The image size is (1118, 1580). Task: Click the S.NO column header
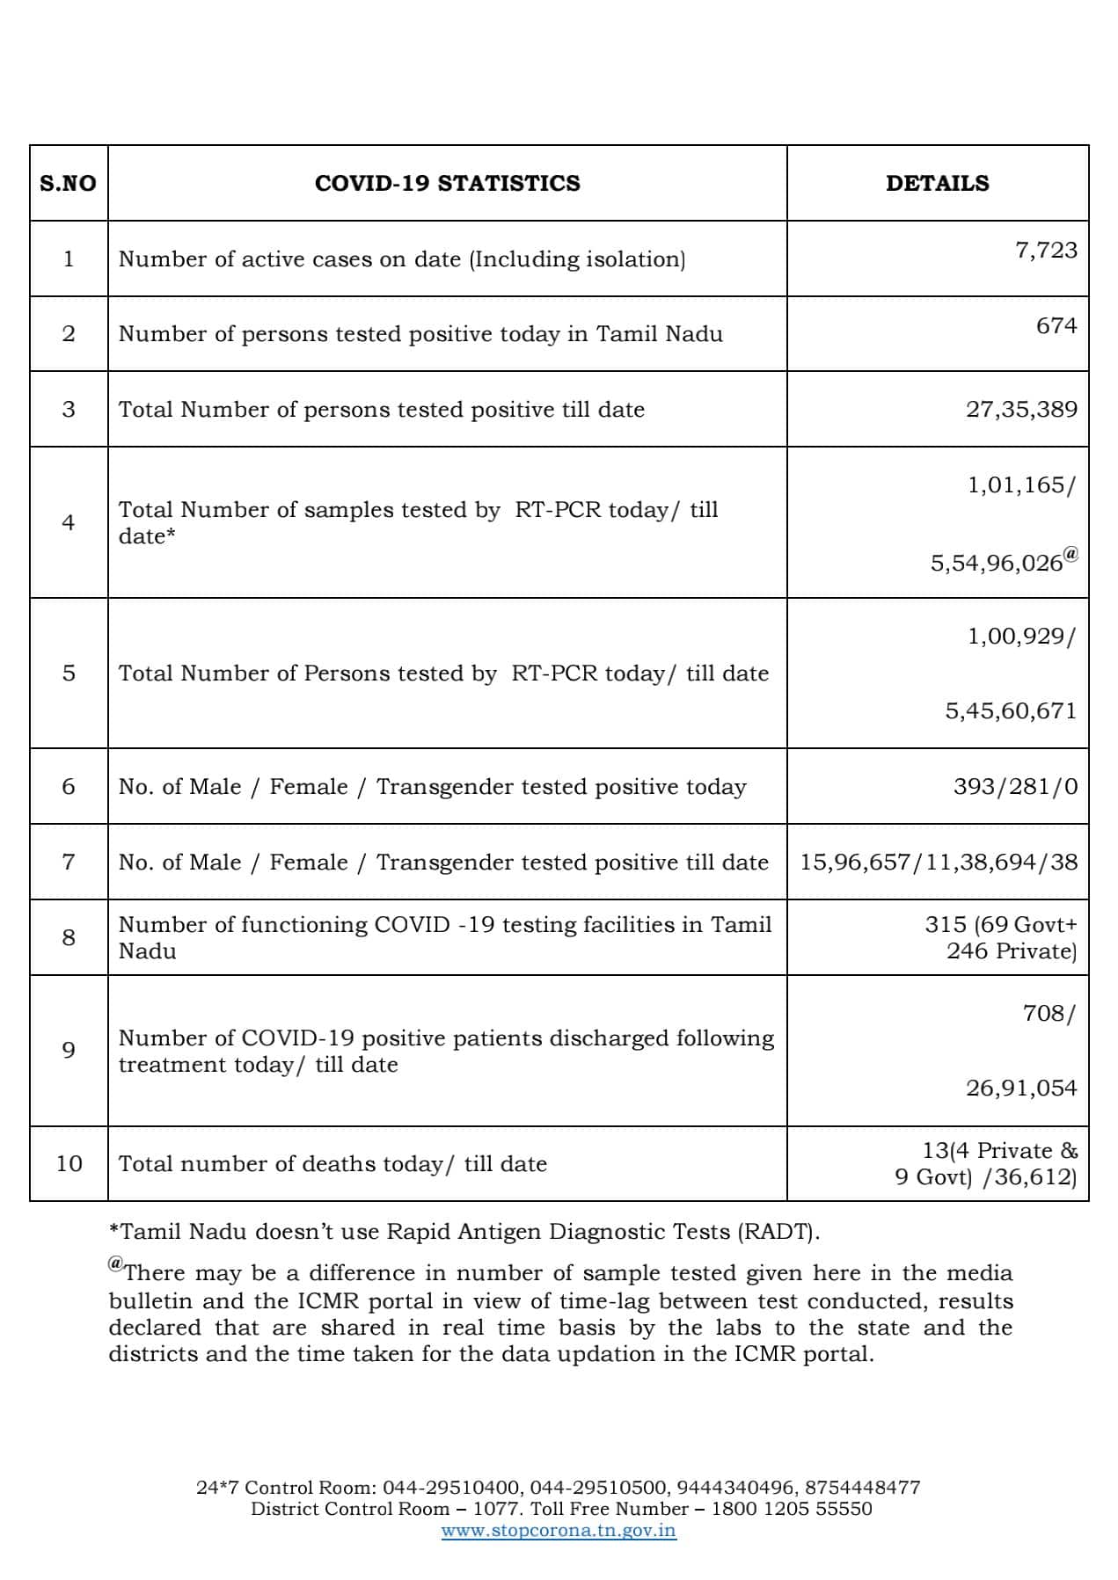(x=68, y=183)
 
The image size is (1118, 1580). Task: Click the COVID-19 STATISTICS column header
(x=447, y=183)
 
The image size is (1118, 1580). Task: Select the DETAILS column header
(x=937, y=183)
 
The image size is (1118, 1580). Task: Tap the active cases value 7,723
(x=1046, y=250)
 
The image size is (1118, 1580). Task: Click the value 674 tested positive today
(x=1056, y=325)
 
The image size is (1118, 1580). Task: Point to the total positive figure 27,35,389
(x=1021, y=409)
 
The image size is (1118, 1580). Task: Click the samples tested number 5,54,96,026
(x=997, y=564)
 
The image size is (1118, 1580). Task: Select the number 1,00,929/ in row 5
(x=1020, y=636)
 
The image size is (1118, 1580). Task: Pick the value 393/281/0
(x=1015, y=786)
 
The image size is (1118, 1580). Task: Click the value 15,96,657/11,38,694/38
(x=938, y=862)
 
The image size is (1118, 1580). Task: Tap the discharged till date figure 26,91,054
(x=1021, y=1088)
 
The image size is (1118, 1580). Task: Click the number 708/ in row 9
(x=1049, y=1013)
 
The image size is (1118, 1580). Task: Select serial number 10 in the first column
(x=69, y=1163)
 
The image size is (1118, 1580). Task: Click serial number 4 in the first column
(x=69, y=522)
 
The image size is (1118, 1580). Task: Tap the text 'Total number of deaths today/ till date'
(x=332, y=1164)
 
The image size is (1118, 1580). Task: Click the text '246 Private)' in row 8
(x=1011, y=950)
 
